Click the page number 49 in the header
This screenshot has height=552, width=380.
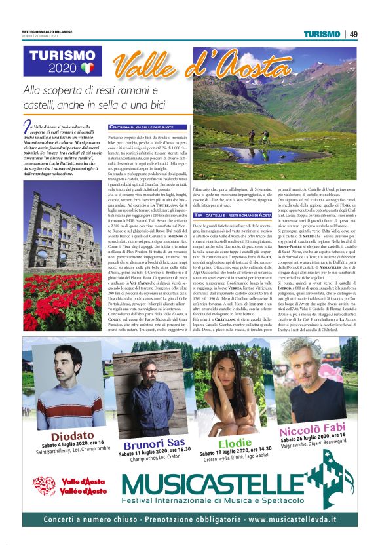(x=353, y=34)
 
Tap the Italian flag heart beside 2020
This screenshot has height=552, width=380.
(x=88, y=68)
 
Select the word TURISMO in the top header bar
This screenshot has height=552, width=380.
(x=322, y=34)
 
